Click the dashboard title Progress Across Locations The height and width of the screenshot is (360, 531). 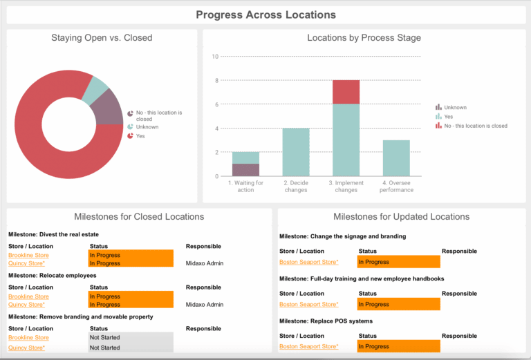(x=265, y=15)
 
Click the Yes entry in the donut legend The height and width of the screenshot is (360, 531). (x=141, y=136)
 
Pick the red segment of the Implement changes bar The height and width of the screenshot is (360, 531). (x=346, y=92)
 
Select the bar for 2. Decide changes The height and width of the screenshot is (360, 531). (x=296, y=151)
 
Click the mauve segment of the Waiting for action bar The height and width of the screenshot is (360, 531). (x=245, y=169)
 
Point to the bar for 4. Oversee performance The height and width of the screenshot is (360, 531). (x=396, y=158)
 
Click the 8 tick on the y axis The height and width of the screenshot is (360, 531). (x=216, y=80)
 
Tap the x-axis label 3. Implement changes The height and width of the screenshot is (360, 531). (x=346, y=186)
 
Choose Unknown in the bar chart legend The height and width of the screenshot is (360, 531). (x=455, y=107)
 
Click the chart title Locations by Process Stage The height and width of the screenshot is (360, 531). (x=364, y=38)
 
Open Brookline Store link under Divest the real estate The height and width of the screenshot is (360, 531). (x=28, y=255)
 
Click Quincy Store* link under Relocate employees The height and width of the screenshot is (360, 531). (x=26, y=305)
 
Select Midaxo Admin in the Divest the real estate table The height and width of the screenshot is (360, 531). (x=205, y=263)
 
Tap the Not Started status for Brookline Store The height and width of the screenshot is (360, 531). (x=131, y=337)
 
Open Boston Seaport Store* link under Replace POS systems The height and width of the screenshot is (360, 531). (x=308, y=346)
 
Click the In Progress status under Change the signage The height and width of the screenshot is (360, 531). (x=398, y=262)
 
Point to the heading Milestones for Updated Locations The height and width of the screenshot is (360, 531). (x=401, y=217)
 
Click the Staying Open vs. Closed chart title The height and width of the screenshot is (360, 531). (x=102, y=38)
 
